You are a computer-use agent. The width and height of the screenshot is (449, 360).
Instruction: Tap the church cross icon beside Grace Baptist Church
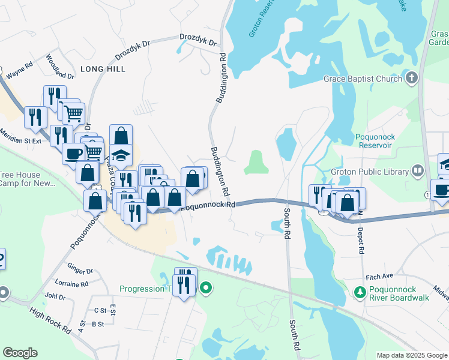[412, 78]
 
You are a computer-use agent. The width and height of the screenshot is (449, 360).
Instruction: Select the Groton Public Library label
[369, 172]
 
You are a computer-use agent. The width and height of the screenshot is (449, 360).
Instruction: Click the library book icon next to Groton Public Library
[417, 172]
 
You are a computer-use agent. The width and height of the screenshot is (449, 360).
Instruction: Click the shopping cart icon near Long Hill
[73, 112]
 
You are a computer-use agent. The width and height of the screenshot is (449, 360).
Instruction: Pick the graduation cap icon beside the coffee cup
[121, 154]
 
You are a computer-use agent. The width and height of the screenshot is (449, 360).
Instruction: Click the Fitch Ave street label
[379, 276]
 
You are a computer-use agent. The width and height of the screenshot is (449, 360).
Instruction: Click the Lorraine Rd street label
[71, 283]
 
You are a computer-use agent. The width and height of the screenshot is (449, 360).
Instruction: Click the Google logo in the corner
[20, 353]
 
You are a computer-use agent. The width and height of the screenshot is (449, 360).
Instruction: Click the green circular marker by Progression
[206, 289]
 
